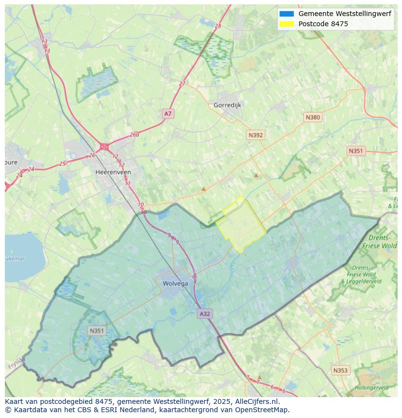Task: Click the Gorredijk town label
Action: pos(227,105)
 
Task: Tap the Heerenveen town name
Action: pos(113,172)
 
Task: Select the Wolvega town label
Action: pos(175,284)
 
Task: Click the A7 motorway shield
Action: pos(167,114)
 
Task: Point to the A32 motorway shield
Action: pos(205,314)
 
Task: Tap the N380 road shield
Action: pos(313,117)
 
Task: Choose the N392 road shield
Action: pos(255,135)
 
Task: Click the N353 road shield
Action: pos(340,370)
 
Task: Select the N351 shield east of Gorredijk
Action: pos(355,151)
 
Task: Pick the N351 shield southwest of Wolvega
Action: pos(97,331)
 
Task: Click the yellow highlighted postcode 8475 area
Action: pos(240,226)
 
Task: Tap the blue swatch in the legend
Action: pos(286,14)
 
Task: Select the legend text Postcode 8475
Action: pos(323,24)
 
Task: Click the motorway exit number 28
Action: pos(218,26)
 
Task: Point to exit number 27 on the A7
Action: pos(182,84)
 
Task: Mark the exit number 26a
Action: pos(134,134)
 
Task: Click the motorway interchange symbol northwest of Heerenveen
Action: pos(104,146)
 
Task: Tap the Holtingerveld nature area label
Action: pos(371,388)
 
